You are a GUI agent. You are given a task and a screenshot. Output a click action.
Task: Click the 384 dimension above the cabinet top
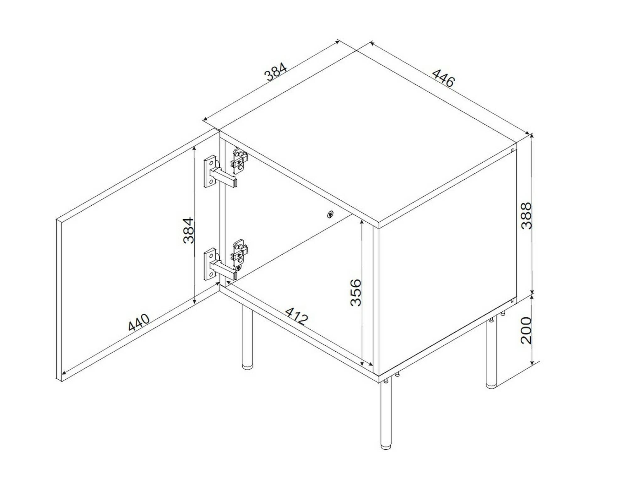click(276, 72)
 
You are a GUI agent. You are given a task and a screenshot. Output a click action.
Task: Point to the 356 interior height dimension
click(356, 292)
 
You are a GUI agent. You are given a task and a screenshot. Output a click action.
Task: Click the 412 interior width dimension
click(296, 316)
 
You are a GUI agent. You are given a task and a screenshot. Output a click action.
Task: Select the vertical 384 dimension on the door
click(189, 230)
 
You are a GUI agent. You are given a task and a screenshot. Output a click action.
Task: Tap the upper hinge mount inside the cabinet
click(239, 161)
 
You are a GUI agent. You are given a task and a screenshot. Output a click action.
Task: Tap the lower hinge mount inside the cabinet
click(240, 253)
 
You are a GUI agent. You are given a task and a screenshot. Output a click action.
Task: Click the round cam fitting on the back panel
click(330, 215)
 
